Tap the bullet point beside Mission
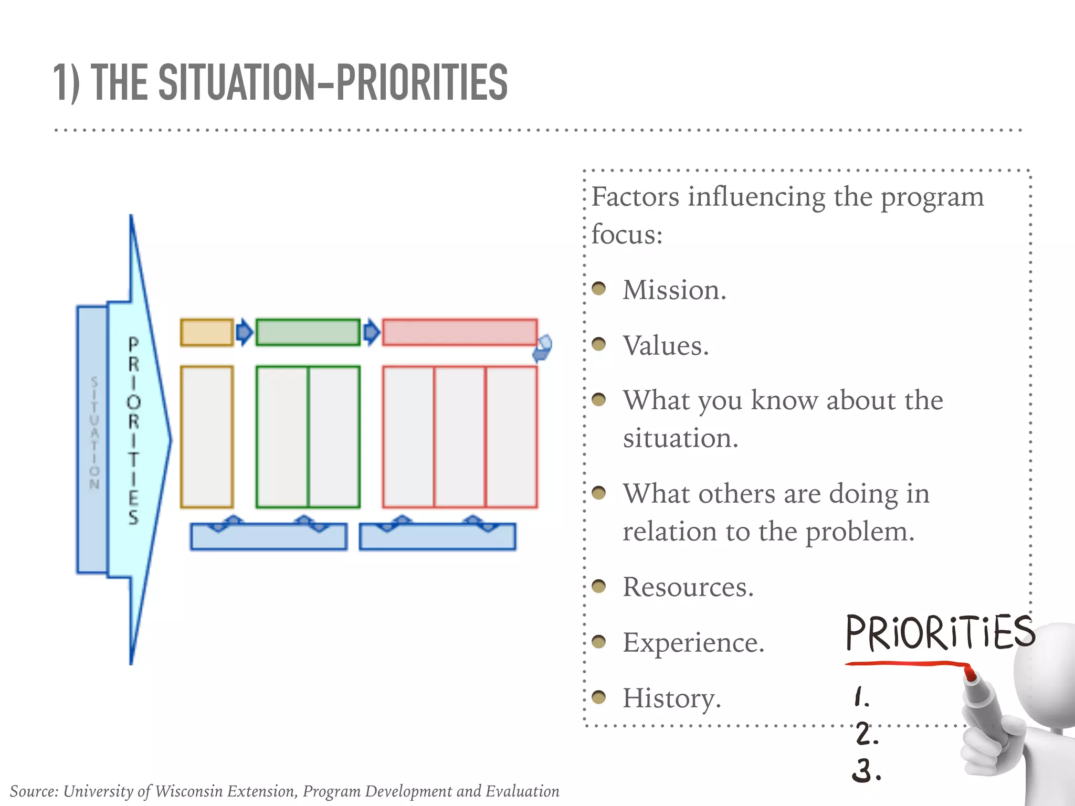tap(598, 289)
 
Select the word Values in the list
tap(665, 345)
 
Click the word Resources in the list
tap(687, 586)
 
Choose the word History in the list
tap(671, 698)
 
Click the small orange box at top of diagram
tap(207, 332)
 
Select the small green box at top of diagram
tap(308, 332)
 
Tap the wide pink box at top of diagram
tap(459, 332)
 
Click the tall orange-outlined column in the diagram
tap(207, 437)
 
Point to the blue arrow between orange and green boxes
tap(244, 332)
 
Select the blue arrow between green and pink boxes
tap(372, 332)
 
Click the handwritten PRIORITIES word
tap(940, 633)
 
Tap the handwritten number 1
tap(861, 697)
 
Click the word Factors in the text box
tap(635, 197)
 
